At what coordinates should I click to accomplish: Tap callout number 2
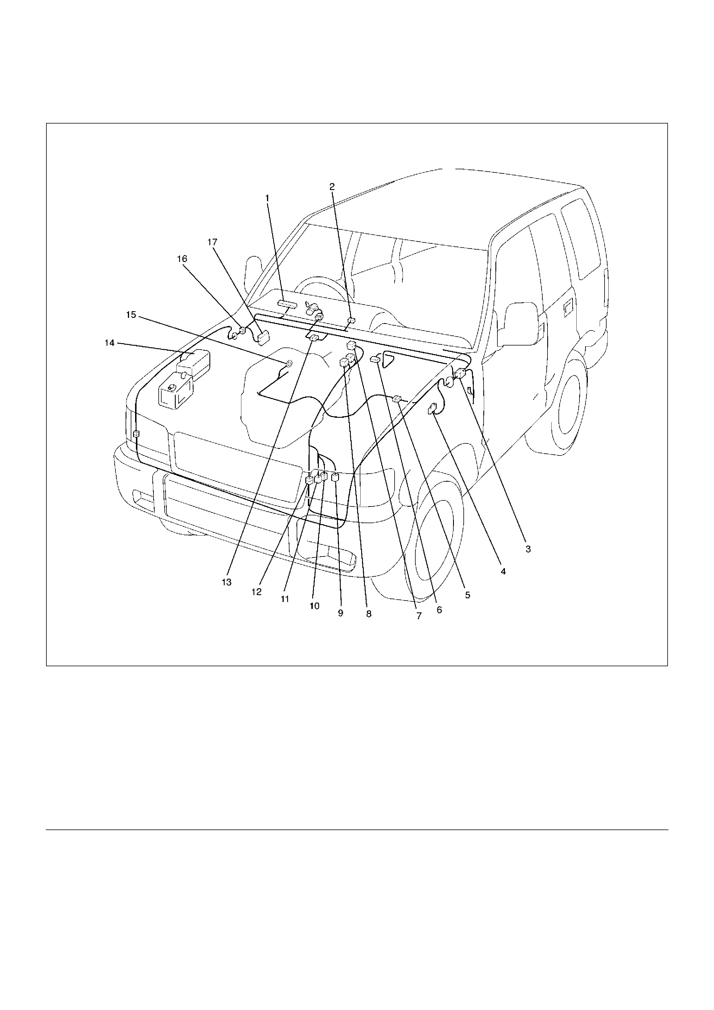click(332, 187)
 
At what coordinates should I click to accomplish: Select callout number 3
click(528, 549)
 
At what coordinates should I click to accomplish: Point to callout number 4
click(503, 572)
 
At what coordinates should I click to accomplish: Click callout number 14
click(109, 343)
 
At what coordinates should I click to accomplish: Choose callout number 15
click(131, 315)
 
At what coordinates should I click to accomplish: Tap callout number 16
click(182, 259)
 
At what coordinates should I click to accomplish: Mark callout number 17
click(213, 242)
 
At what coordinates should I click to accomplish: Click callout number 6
click(439, 610)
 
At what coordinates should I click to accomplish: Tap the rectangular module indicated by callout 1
click(287, 303)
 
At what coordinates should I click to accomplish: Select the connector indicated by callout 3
click(460, 373)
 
